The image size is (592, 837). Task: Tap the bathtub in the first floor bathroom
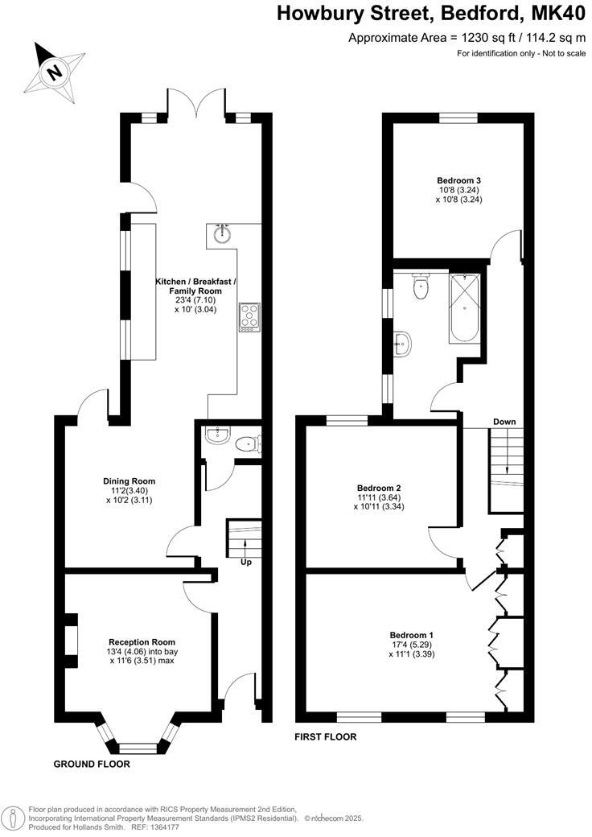[466, 307]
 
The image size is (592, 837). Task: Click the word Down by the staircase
[504, 422]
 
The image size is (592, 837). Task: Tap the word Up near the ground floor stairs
[245, 562]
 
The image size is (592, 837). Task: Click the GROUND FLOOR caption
[92, 764]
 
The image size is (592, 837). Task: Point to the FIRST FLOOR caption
[325, 736]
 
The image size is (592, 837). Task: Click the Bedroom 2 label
[379, 488]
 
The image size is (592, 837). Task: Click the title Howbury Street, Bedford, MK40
[431, 14]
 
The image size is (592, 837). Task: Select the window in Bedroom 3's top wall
[458, 118]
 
